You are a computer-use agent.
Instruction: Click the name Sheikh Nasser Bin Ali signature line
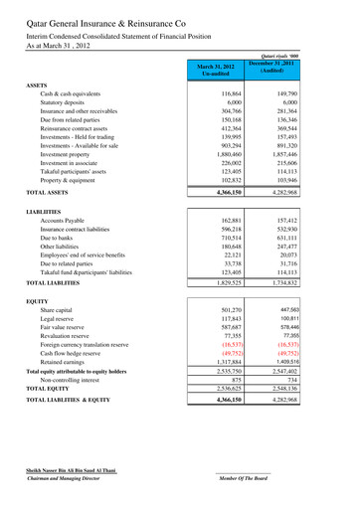tap(71, 466)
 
